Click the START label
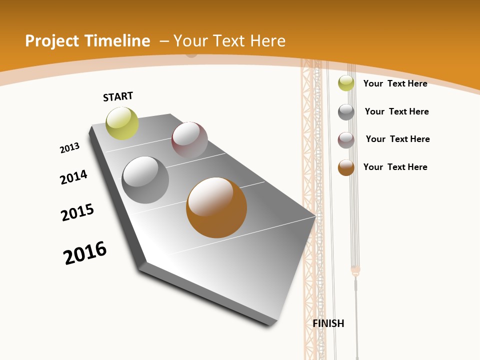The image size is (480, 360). click(118, 96)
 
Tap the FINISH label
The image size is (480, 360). click(328, 323)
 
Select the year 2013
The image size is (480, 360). click(70, 147)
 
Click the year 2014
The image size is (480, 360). click(74, 177)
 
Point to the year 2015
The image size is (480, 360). click(77, 212)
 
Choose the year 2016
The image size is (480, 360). click(85, 252)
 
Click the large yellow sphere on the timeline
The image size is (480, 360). click(122, 123)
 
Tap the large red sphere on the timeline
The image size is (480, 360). click(189, 140)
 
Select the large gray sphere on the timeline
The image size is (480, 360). click(145, 180)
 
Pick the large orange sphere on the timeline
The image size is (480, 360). click(216, 207)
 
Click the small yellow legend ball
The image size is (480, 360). click(346, 83)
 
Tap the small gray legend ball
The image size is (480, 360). click(346, 112)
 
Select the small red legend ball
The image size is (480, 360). click(346, 140)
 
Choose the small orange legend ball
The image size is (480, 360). click(346, 167)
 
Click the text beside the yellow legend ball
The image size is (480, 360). click(395, 83)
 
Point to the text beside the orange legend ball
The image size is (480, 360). click(395, 167)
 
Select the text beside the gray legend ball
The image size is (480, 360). click(396, 111)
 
